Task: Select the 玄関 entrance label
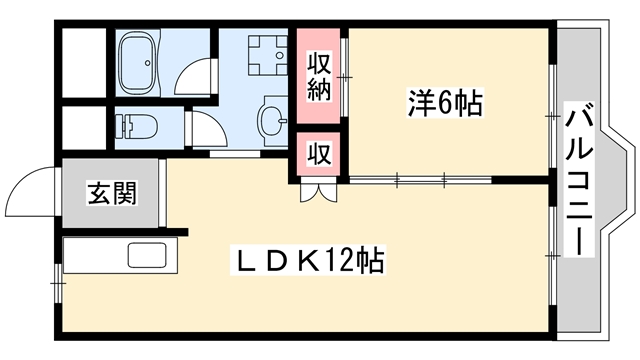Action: (x=111, y=192)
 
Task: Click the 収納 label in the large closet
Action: (x=318, y=78)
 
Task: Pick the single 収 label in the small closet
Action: (x=318, y=155)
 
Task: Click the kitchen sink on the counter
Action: (x=150, y=256)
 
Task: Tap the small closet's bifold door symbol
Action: (x=312, y=190)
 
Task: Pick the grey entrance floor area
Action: (x=111, y=195)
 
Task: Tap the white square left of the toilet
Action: (x=85, y=126)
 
